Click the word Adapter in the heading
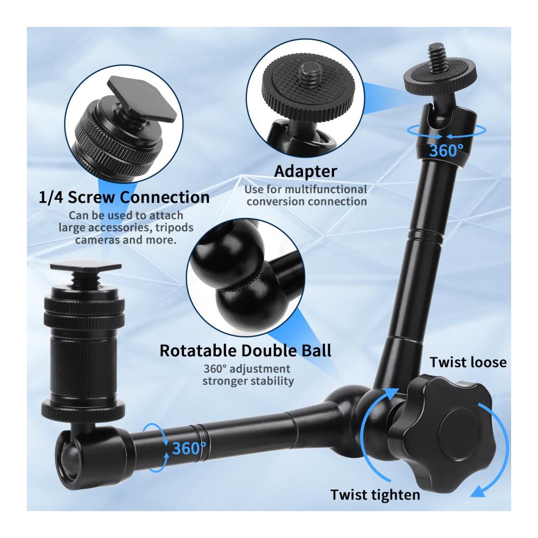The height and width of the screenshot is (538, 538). [x=306, y=172]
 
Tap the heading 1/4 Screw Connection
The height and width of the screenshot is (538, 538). [x=124, y=197]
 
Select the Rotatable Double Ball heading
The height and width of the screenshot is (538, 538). [x=246, y=351]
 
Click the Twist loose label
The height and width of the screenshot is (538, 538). [x=468, y=362]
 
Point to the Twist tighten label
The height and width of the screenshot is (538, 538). [x=375, y=495]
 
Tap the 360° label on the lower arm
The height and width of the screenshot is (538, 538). [x=189, y=448]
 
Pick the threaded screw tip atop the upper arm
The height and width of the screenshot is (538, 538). [x=436, y=58]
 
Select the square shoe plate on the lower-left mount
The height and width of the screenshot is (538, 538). [x=86, y=266]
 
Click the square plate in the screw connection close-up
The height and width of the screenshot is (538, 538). [x=143, y=98]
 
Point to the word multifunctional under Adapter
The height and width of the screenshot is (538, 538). [x=325, y=189]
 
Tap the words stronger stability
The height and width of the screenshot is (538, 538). [x=247, y=381]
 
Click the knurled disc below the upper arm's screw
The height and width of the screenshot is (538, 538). [x=440, y=79]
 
